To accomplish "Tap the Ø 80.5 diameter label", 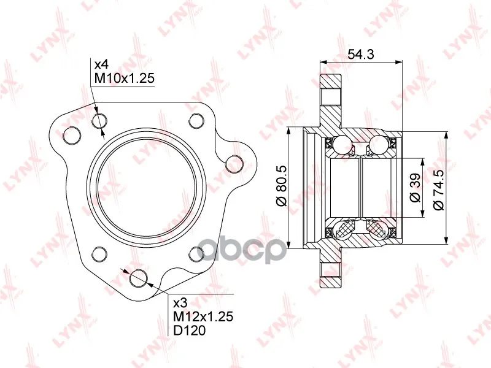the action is [x=282, y=186].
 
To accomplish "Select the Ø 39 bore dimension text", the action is [x=415, y=188].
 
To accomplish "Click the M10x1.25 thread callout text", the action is [x=125, y=78].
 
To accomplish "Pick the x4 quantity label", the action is [x=101, y=65].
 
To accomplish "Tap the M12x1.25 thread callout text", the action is [x=203, y=316].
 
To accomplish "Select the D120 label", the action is [x=190, y=330].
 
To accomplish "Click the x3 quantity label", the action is [x=180, y=303].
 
